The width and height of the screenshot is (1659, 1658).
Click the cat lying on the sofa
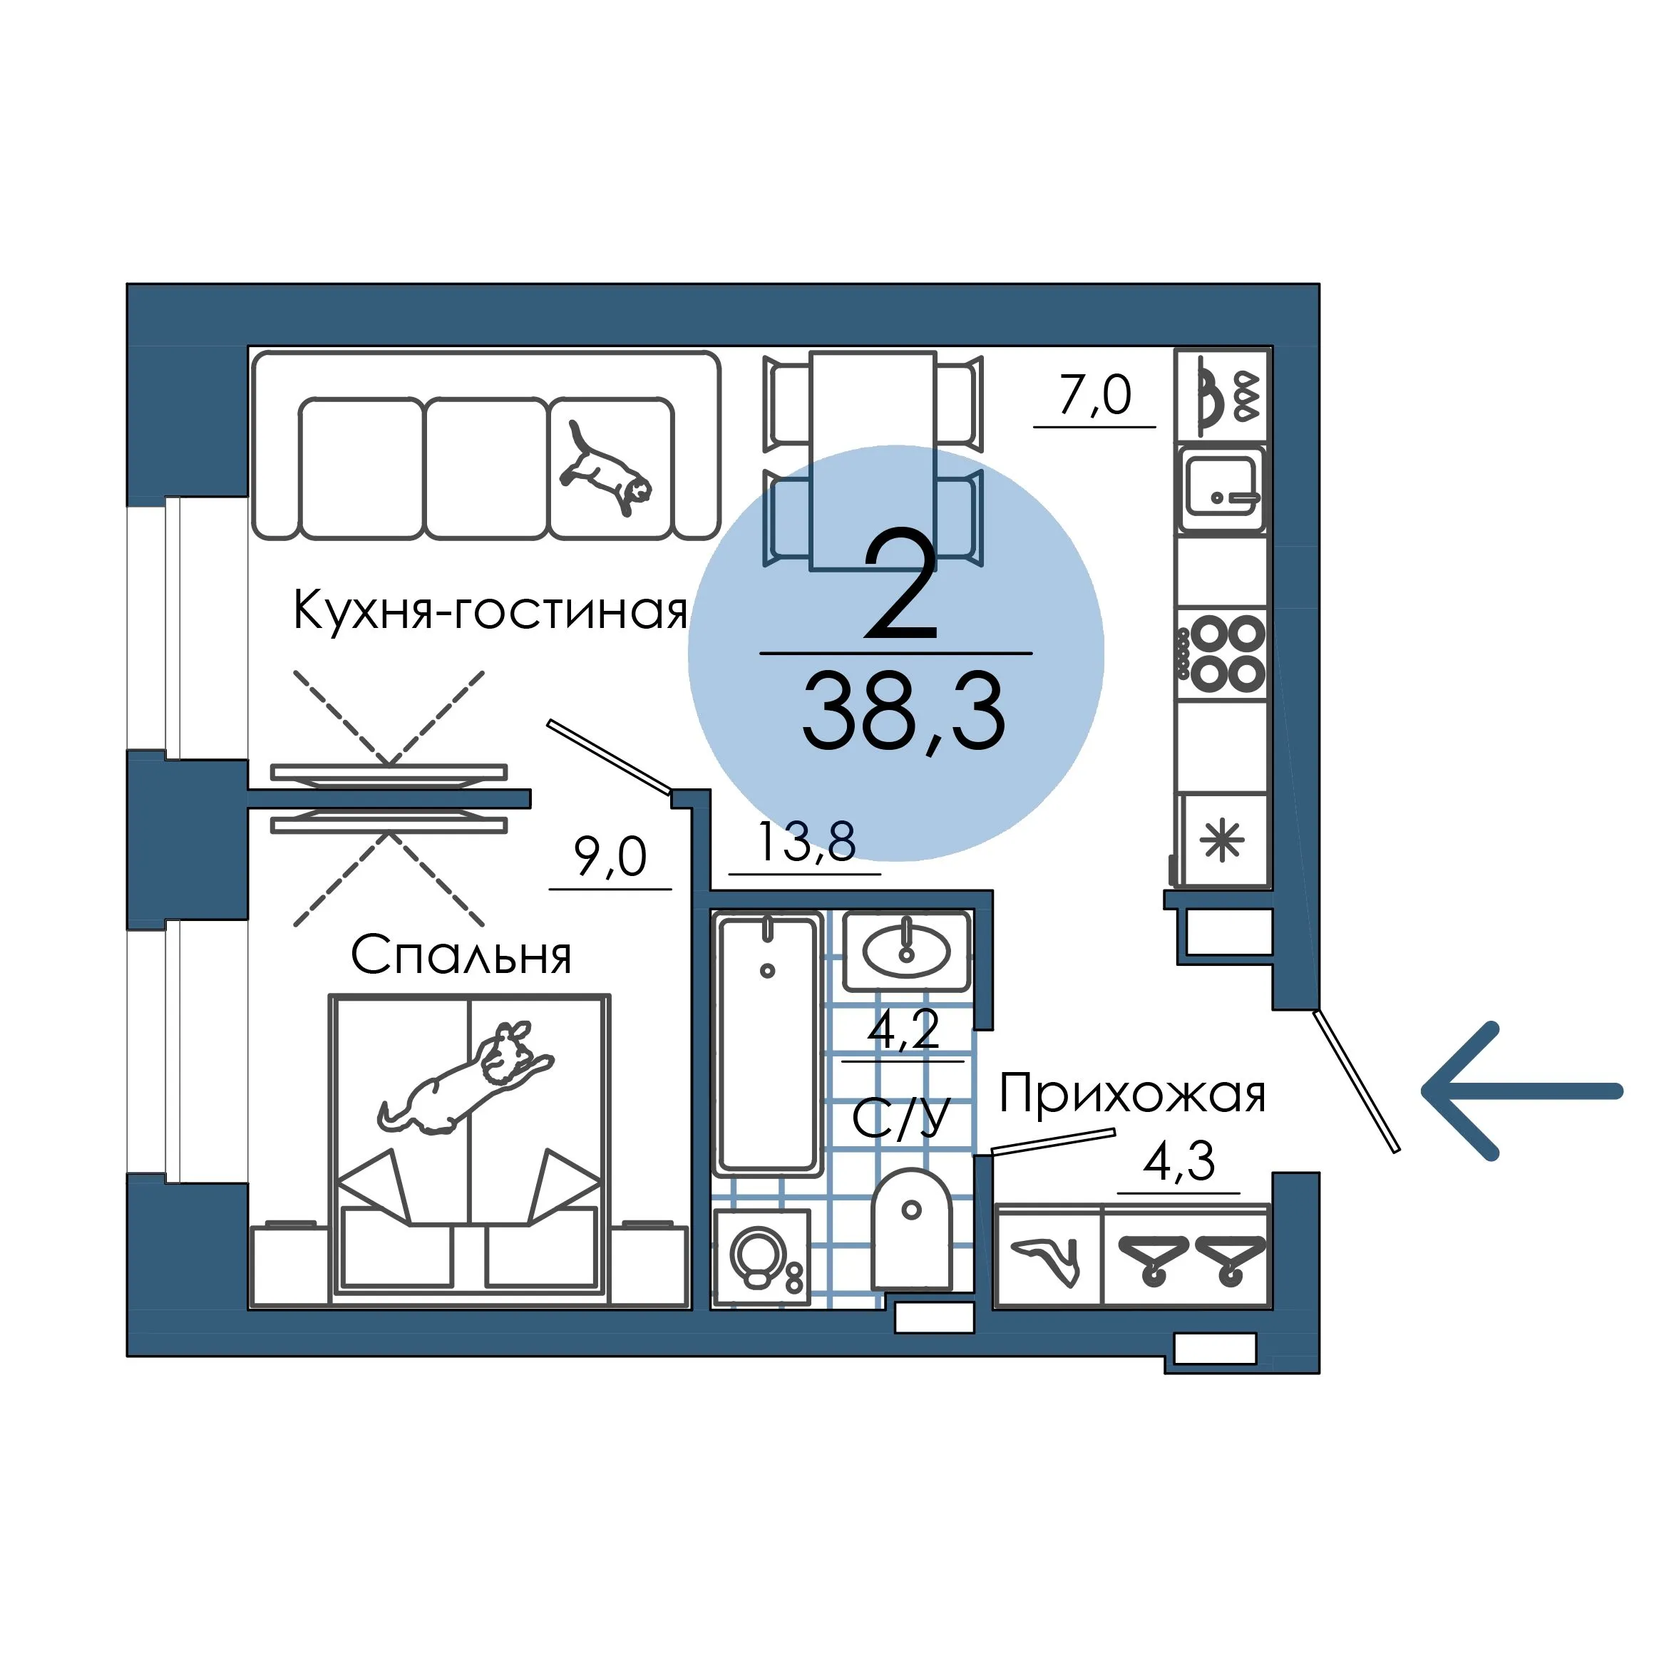click(x=605, y=468)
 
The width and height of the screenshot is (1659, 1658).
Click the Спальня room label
click(x=461, y=954)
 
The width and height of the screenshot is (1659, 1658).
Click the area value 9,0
click(x=610, y=857)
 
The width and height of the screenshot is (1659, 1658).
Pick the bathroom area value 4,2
click(x=903, y=1029)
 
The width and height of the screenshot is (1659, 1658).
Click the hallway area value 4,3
click(x=1179, y=1162)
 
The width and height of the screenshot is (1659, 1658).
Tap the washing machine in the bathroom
click(x=761, y=1258)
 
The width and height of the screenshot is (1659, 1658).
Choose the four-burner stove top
click(x=1222, y=654)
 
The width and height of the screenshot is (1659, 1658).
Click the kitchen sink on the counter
click(x=1221, y=490)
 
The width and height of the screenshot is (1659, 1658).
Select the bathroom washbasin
click(x=907, y=950)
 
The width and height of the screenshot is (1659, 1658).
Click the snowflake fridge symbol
click(x=1223, y=840)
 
